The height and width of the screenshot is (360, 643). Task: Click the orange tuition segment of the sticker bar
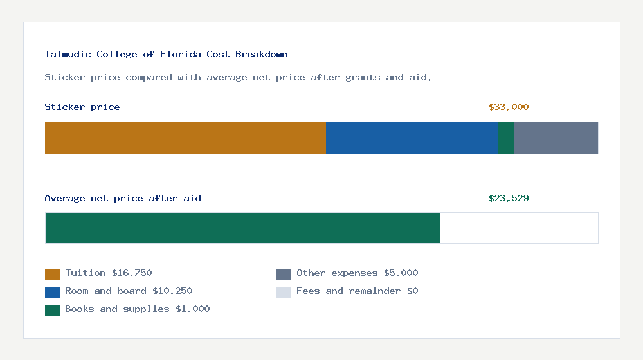point(185,138)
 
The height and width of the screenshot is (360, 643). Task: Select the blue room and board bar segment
point(412,138)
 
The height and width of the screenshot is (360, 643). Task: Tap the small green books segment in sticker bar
point(506,138)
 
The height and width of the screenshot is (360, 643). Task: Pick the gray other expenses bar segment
point(556,138)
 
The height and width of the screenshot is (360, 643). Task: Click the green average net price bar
point(242,228)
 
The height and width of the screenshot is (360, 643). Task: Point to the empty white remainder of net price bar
point(519,228)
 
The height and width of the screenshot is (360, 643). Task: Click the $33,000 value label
point(509,107)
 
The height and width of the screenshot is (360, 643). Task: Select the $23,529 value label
point(509,199)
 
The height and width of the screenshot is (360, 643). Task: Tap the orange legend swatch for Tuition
point(52,274)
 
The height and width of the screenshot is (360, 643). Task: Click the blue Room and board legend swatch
point(52,292)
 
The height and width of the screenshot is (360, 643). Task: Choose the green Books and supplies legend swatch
point(52,310)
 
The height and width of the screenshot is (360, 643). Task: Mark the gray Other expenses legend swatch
point(284,274)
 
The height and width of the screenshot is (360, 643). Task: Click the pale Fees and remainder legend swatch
point(284,292)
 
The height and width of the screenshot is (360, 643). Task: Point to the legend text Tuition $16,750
point(109,273)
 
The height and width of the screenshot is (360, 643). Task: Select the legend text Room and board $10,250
point(129,291)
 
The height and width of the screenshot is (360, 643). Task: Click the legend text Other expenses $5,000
point(357,273)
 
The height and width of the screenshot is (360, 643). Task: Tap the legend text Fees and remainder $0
point(357,291)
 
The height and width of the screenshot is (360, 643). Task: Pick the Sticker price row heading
point(82,107)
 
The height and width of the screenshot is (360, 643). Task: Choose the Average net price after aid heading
point(123,199)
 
